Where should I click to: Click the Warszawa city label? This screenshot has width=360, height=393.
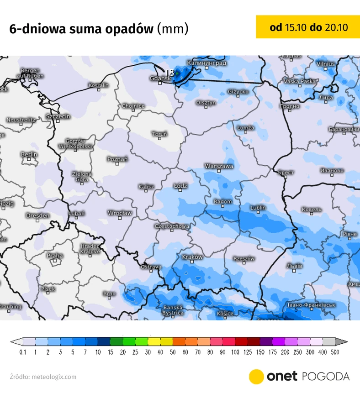tap(219, 166)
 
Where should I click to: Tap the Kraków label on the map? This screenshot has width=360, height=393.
tap(192, 257)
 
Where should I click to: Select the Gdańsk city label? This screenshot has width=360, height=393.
tap(160, 78)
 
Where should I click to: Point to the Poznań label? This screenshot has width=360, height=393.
tap(117, 159)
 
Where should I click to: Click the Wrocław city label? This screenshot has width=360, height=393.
tap(120, 213)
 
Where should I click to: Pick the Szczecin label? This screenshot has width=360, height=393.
tap(58, 116)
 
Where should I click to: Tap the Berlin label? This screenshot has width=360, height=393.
tap(29, 155)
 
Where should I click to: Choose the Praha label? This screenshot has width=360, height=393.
tap(55, 256)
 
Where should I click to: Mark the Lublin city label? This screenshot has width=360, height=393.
tap(258, 208)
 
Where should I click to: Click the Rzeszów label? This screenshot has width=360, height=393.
tap(244, 259)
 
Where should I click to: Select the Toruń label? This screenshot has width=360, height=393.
tap(159, 134)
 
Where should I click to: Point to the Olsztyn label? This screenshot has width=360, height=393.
tap(206, 103)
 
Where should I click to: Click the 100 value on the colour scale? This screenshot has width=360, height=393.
tap(235, 352)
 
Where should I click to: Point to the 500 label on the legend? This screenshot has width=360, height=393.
tap(335, 352)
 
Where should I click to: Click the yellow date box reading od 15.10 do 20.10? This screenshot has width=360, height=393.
tap(308, 27)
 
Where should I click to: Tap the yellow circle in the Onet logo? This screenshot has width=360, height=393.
tap(256, 377)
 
